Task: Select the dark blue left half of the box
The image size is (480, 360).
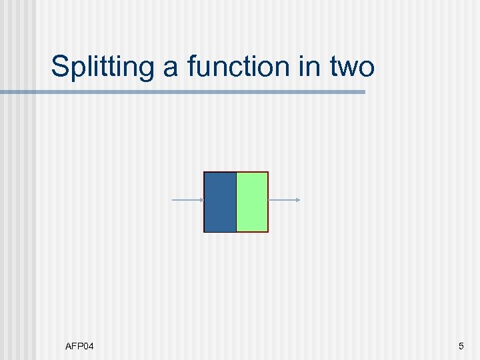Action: click(x=220, y=202)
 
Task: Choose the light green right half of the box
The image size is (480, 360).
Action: click(x=252, y=202)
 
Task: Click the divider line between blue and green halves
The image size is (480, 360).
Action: click(x=236, y=202)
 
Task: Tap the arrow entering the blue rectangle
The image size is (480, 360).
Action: click(x=187, y=200)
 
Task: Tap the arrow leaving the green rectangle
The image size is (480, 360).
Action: click(x=283, y=200)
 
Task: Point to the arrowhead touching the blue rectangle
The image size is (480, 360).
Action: click(x=201, y=200)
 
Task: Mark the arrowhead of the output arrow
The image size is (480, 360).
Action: click(x=298, y=200)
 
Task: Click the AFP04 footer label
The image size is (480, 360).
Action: click(x=79, y=346)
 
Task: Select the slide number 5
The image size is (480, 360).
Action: click(x=461, y=346)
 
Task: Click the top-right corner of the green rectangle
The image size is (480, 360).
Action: click(x=267, y=173)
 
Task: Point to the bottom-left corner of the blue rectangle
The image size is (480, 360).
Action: click(x=205, y=231)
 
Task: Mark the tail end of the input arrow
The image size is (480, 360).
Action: click(x=173, y=200)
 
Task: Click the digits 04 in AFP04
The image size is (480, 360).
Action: click(x=88, y=346)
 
